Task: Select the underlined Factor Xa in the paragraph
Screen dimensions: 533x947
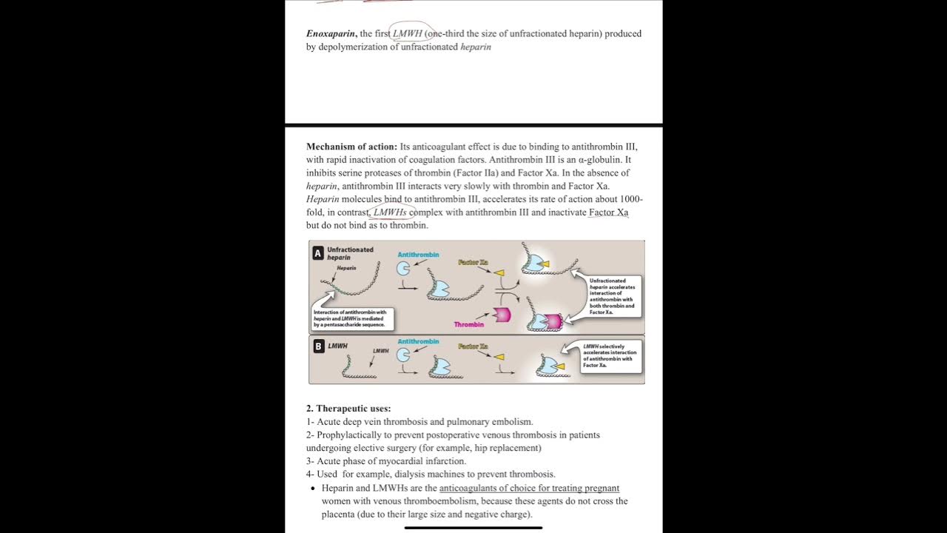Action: pyautogui.click(x=608, y=212)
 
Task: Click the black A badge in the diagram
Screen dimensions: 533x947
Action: pyautogui.click(x=318, y=253)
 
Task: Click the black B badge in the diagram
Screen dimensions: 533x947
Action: pyautogui.click(x=318, y=346)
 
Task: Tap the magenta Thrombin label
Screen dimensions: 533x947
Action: pyautogui.click(x=469, y=324)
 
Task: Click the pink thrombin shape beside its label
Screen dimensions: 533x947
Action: pyautogui.click(x=502, y=314)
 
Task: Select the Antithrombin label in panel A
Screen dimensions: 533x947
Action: pyautogui.click(x=418, y=255)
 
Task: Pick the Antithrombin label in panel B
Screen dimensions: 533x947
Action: pyautogui.click(x=418, y=341)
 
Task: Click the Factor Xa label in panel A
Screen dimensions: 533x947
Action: pyautogui.click(x=473, y=263)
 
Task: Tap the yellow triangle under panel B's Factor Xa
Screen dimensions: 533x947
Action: pyautogui.click(x=499, y=357)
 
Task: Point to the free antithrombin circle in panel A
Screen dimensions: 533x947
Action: pyautogui.click(x=403, y=269)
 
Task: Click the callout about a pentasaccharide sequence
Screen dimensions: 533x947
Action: pyautogui.click(x=351, y=318)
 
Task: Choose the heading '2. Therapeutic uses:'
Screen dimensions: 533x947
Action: pyautogui.click(x=348, y=409)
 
